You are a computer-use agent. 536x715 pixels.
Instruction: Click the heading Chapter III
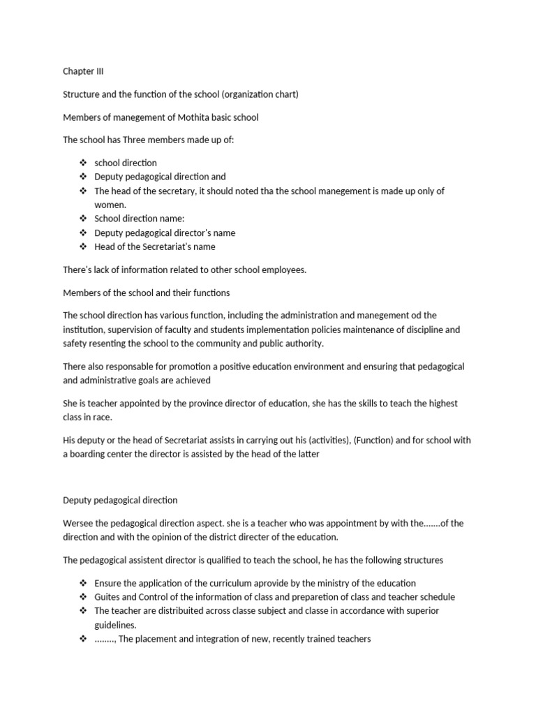click(82, 71)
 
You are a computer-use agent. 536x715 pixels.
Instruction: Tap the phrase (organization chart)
click(260, 94)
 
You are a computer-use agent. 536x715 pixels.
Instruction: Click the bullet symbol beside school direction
click(83, 163)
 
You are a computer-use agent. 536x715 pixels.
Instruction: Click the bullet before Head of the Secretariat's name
click(83, 246)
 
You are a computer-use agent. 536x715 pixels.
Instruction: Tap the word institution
click(85, 329)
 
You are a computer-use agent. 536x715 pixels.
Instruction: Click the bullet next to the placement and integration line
click(83, 639)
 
